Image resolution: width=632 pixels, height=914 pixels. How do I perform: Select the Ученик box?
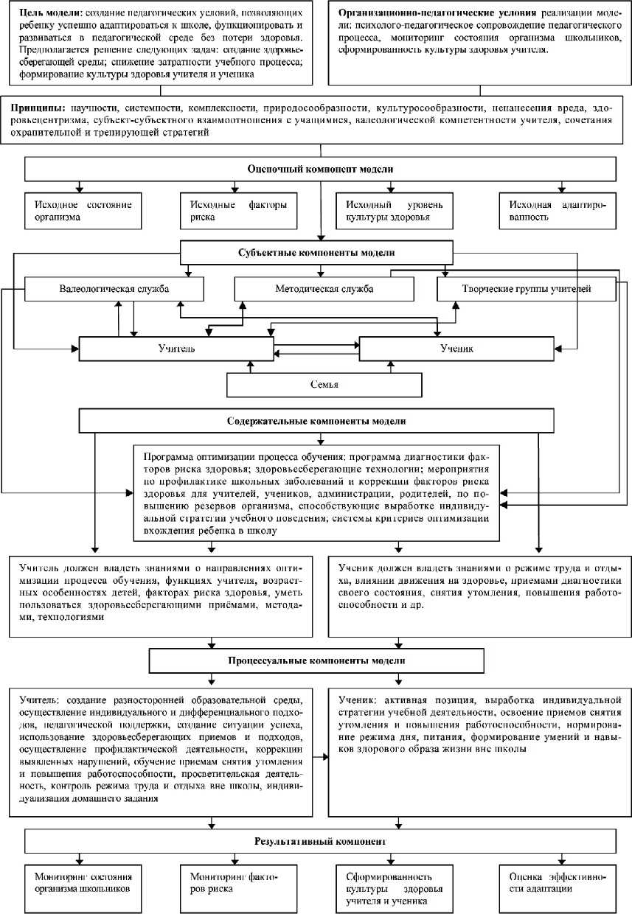[x=455, y=348]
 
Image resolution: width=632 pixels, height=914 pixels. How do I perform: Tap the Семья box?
[x=324, y=385]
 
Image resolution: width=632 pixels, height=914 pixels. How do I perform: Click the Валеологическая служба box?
[x=114, y=289]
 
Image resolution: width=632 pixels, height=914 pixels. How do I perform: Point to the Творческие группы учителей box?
[x=525, y=289]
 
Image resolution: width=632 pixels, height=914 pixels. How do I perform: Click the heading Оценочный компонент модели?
[x=320, y=169]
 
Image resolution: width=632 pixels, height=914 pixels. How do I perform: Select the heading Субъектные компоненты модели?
[x=317, y=252]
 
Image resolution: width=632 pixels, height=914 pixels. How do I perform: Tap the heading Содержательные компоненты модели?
[x=316, y=422]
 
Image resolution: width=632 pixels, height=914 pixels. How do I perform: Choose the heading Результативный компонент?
[x=320, y=840]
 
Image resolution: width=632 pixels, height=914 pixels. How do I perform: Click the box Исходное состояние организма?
[x=83, y=211]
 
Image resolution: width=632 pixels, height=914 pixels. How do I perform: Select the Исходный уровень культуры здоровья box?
[x=392, y=211]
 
